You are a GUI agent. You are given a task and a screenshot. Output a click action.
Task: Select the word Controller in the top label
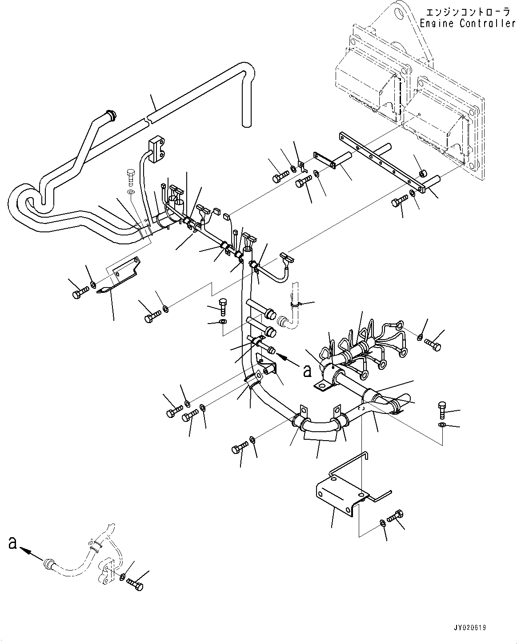point(487,24)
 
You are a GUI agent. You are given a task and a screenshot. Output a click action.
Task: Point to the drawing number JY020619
point(470,628)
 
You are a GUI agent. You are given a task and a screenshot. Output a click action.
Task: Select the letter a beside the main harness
point(307,371)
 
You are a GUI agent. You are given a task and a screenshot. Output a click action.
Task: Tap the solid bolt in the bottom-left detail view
point(135,583)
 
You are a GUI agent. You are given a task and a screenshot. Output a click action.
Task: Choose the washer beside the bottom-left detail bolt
point(122,578)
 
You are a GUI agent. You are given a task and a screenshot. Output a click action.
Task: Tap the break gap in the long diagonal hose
point(147,119)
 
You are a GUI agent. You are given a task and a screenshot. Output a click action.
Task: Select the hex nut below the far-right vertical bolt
point(442,425)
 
